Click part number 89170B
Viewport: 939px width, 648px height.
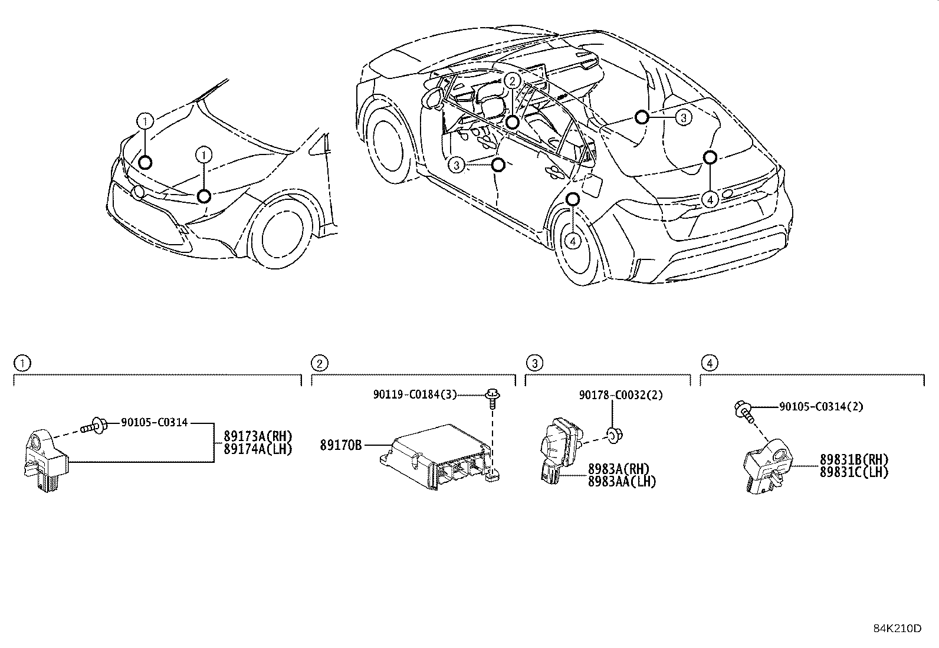341,445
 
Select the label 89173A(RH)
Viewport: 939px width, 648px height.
258,436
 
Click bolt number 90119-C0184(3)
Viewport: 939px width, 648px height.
415,394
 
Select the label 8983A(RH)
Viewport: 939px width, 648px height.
618,469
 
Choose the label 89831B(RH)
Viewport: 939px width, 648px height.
853,460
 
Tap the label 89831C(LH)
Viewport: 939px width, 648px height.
853,472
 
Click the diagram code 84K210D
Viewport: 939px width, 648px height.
897,628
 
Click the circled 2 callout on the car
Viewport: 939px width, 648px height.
513,81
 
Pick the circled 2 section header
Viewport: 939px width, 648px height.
318,363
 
